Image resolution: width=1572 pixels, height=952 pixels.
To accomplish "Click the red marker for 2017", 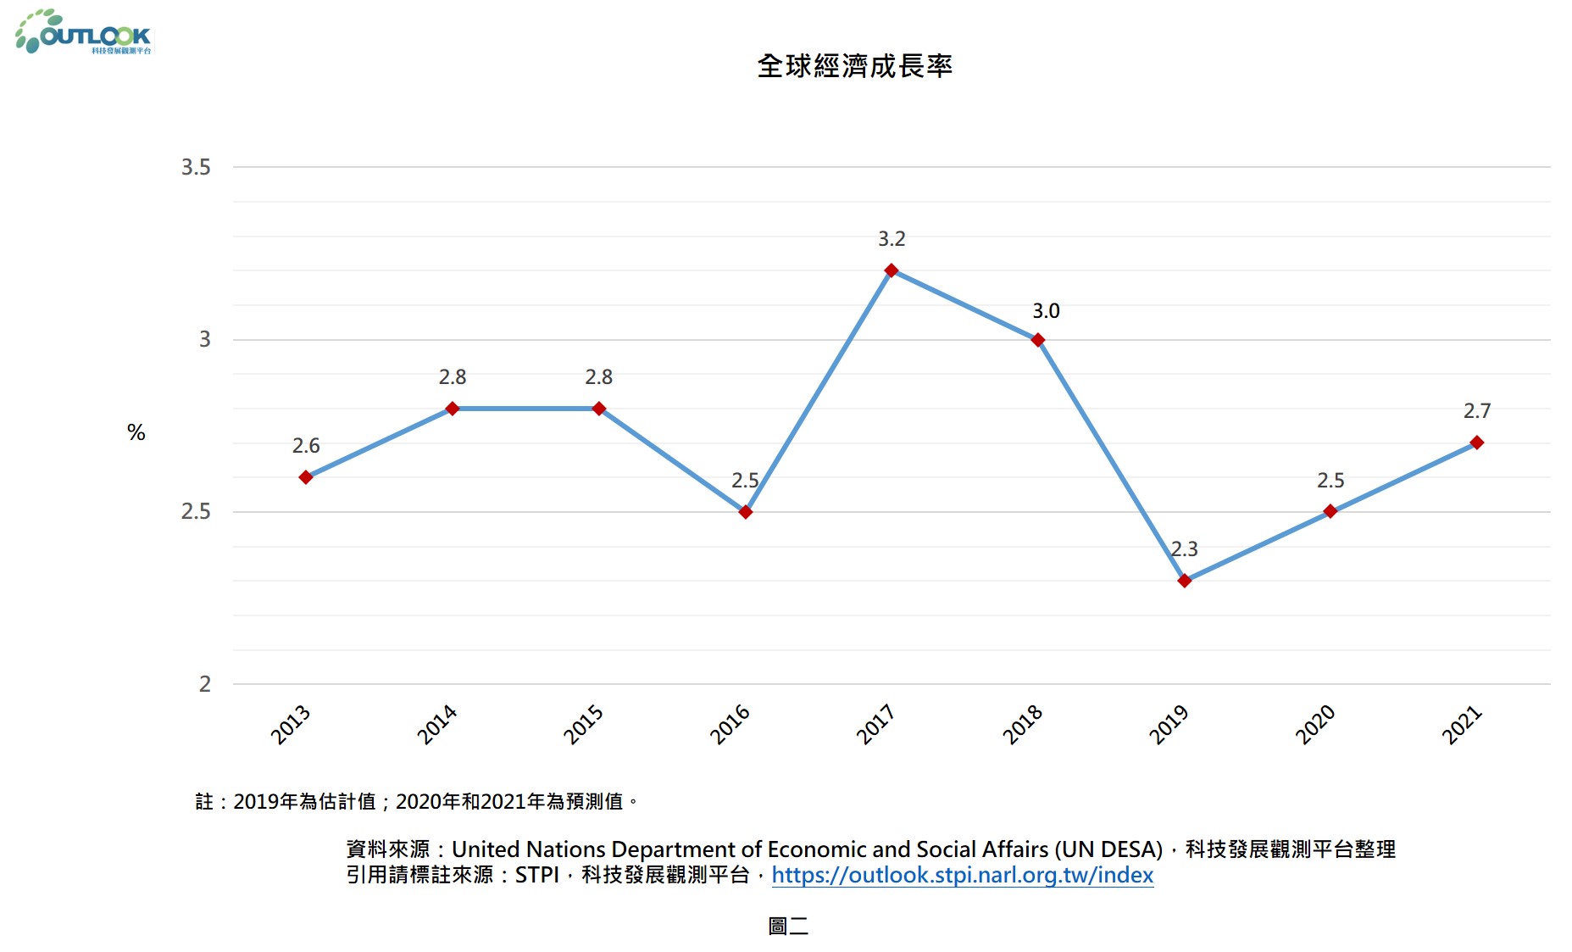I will click(x=891, y=270).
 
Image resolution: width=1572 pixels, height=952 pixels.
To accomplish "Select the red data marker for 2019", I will click(x=1184, y=581).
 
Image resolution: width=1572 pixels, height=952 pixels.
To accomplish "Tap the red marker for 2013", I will click(x=306, y=477).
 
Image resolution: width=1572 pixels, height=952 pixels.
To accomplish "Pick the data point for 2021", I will click(x=1476, y=443).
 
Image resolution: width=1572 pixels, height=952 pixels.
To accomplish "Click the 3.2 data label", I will click(x=892, y=239).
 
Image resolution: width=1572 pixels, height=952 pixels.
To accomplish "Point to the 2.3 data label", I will click(x=1184, y=549).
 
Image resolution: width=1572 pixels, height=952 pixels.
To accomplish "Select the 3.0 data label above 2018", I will click(x=1046, y=311).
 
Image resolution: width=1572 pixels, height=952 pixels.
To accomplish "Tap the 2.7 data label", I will click(x=1476, y=411).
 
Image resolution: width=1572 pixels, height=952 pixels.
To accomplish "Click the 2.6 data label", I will click(x=306, y=446).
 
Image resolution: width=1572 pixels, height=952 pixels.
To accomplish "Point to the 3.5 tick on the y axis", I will click(x=196, y=167).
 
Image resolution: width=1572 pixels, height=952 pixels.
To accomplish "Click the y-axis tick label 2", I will click(x=205, y=684).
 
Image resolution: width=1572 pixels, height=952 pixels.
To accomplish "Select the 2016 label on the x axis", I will click(x=730, y=724).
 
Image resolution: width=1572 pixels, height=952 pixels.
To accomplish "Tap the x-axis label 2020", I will click(x=1315, y=724).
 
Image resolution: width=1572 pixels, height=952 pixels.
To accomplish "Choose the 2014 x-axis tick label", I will click(x=437, y=724).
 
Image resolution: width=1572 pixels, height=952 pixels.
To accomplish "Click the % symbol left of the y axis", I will click(x=136, y=433).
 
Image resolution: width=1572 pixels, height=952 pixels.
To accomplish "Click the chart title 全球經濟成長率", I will click(x=854, y=66).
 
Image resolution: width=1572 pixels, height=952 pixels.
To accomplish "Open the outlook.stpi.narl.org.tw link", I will click(x=962, y=875).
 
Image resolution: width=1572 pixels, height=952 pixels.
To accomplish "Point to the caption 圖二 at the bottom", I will click(x=788, y=926).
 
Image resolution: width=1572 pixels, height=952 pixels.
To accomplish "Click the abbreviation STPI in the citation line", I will click(x=536, y=875).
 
